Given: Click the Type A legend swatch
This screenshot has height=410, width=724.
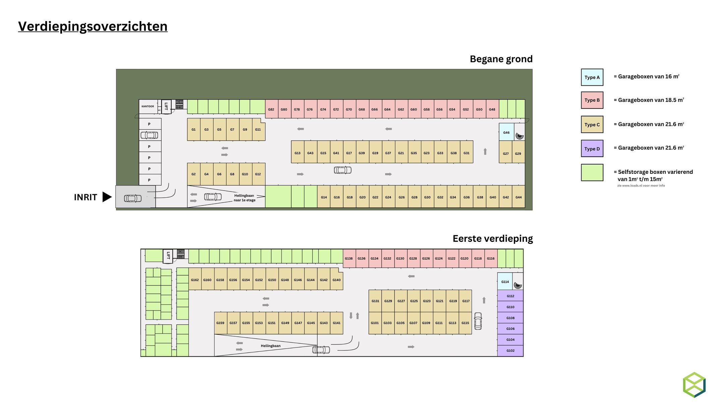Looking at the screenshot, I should click(x=592, y=77).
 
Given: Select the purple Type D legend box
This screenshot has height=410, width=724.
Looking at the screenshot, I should click(x=592, y=148).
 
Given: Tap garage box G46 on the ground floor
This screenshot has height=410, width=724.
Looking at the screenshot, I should click(x=506, y=132).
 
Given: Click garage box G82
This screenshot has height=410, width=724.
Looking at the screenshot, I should click(x=271, y=109).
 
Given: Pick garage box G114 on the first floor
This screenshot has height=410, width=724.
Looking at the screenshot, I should click(x=505, y=281).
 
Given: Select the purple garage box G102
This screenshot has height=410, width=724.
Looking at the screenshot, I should click(x=510, y=351).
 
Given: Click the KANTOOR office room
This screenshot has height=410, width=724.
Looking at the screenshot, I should click(x=148, y=107).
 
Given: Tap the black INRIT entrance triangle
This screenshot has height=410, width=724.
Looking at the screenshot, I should click(x=107, y=197).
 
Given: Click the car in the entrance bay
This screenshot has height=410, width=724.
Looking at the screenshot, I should click(x=133, y=198).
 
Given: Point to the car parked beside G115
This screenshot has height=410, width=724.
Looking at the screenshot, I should click(x=478, y=321).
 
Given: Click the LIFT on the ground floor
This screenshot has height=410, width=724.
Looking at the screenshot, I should click(x=166, y=107).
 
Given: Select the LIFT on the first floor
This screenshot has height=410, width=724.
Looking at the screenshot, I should click(x=168, y=256).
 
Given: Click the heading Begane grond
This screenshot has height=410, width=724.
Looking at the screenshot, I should click(x=501, y=59).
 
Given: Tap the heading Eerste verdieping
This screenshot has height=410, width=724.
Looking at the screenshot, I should click(x=492, y=238).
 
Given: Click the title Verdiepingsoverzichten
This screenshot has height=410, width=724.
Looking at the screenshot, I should click(x=93, y=26).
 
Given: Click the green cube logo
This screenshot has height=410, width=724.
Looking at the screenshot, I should click(x=694, y=385).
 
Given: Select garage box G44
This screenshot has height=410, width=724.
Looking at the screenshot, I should click(x=518, y=197).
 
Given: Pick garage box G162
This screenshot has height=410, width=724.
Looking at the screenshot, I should click(x=195, y=280).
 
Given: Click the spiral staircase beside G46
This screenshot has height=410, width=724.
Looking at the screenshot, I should click(x=519, y=136).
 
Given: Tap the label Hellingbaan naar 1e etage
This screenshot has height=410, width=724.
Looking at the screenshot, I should click(x=244, y=198).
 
